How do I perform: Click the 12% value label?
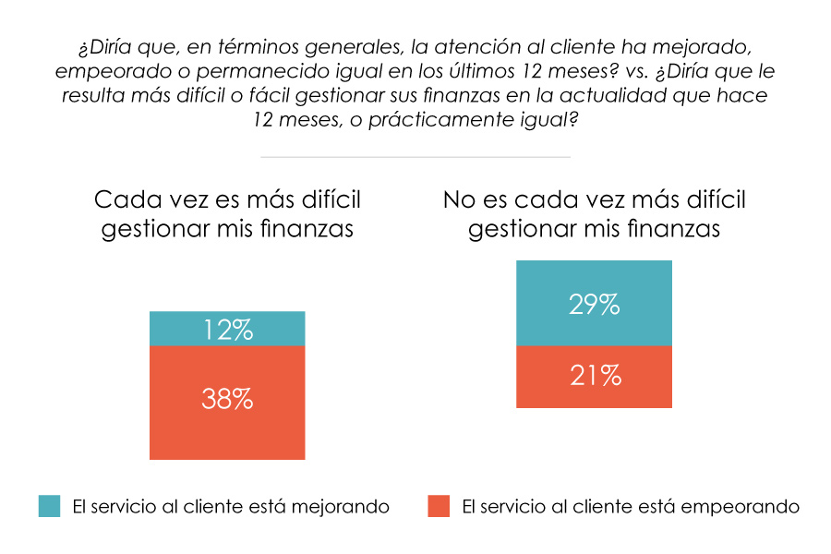click(227, 330)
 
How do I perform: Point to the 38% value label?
click(227, 399)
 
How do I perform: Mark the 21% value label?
click(594, 376)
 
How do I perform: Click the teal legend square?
click(50, 506)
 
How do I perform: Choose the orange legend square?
click(439, 506)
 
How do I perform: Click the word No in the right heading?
click(460, 199)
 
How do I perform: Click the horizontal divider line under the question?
click(415, 157)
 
